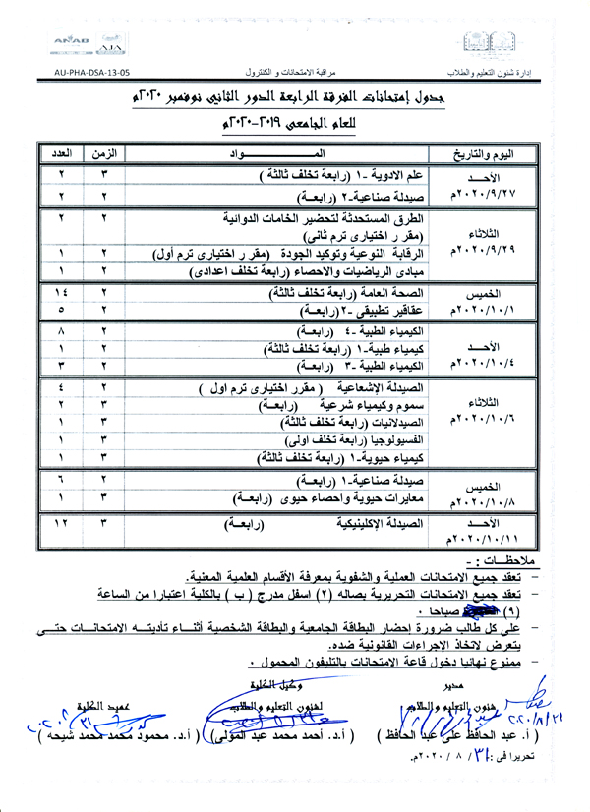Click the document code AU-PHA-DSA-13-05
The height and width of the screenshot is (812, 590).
pos(89,72)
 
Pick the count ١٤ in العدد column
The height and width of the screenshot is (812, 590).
pos(60,293)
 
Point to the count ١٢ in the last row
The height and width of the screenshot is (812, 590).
pos(60,523)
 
